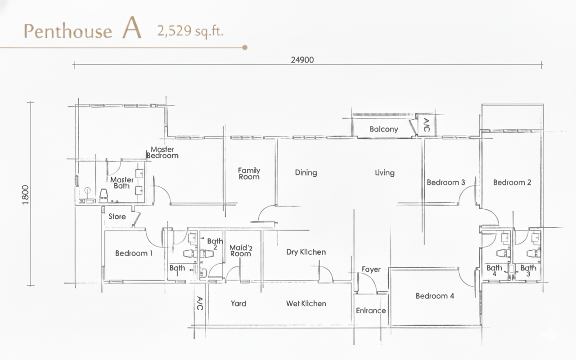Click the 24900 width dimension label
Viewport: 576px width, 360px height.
coord(302,60)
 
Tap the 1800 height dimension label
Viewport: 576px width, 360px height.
coord(26,195)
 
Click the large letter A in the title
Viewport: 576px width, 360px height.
coord(132,28)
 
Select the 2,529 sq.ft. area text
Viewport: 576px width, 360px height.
coord(190,31)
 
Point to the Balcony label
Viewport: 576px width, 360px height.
coord(384,129)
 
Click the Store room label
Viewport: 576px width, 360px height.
coord(117,216)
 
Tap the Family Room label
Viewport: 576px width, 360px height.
coord(249,174)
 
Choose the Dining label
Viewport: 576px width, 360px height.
coord(306,172)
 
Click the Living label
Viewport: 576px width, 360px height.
coord(384,172)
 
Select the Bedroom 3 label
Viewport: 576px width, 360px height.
coord(446,182)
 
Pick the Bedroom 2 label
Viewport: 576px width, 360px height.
coord(512,182)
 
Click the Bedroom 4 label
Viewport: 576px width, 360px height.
coord(435,296)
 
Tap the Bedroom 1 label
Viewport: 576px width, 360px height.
coord(134,253)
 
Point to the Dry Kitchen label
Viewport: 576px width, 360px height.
coord(306,252)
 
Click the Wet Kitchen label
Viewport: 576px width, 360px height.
coord(306,304)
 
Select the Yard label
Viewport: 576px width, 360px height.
coord(238,304)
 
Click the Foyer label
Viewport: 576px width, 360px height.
coord(371,269)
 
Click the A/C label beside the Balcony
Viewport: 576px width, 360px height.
coord(426,125)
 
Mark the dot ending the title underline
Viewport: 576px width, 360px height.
coord(245,48)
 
